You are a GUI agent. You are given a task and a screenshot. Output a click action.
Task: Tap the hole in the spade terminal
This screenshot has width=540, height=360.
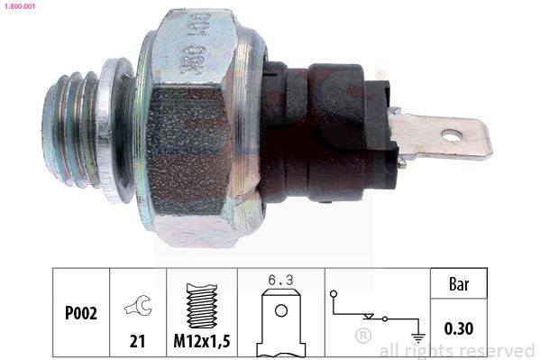[x=452, y=136]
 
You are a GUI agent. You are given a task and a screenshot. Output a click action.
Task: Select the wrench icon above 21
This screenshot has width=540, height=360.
[x=138, y=307]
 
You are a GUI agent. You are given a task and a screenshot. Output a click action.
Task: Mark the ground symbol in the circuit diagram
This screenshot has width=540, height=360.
[x=417, y=337]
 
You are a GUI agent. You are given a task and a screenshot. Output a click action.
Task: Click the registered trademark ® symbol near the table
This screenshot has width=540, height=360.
[x=363, y=337]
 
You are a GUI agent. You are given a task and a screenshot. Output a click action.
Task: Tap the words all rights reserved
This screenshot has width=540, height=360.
[x=457, y=349]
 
